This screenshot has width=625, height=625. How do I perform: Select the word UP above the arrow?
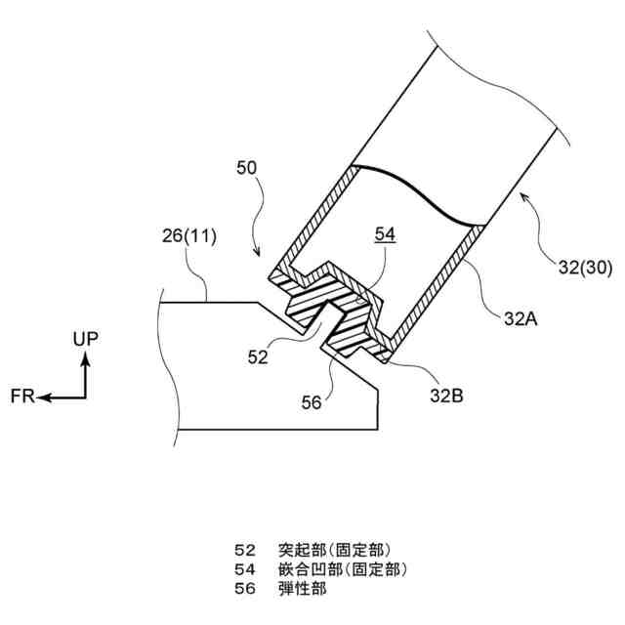click(85, 338)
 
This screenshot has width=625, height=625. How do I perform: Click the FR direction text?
click(23, 397)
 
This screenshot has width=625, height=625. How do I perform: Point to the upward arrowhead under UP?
click(85, 357)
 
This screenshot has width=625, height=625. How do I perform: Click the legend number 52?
click(245, 549)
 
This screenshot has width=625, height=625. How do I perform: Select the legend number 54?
click(245, 568)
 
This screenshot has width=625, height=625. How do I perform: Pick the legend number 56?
click(245, 588)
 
